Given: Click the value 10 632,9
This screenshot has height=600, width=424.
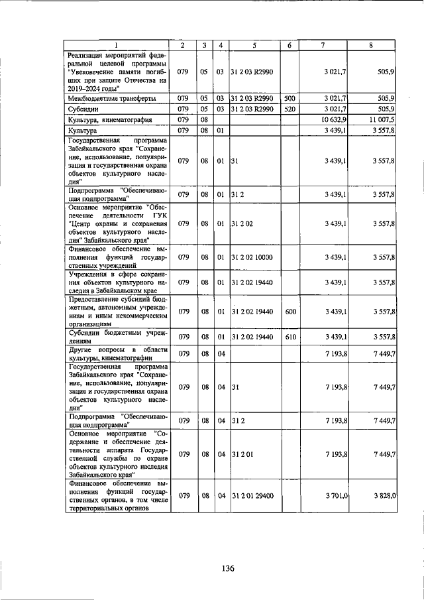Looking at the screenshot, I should (334, 120).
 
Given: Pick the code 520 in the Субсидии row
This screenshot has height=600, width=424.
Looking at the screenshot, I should (290, 109).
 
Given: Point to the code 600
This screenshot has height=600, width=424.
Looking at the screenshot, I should (290, 311).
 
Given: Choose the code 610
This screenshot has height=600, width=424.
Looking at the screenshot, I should (290, 337).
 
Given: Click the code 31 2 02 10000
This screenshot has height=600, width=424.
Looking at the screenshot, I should (252, 257).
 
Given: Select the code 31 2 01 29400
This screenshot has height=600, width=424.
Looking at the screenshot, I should (252, 495).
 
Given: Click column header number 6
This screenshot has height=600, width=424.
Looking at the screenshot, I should (290, 44).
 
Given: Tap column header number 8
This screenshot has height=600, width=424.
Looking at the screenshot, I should (371, 44).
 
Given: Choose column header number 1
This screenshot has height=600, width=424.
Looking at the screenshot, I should (116, 44).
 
